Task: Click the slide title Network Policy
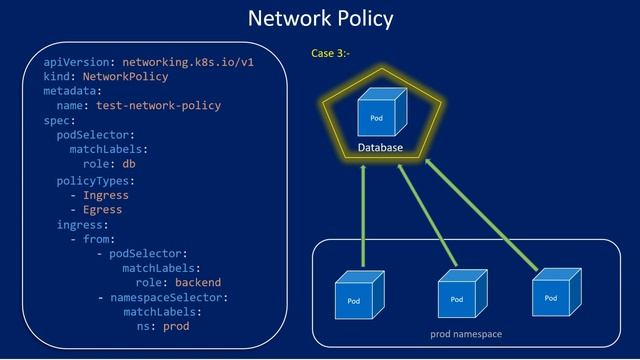[x=320, y=18]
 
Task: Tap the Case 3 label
[x=330, y=52]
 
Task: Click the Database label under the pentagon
[x=380, y=148]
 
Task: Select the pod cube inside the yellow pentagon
[x=379, y=112]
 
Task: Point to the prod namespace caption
[x=466, y=333]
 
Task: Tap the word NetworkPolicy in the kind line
[x=125, y=76]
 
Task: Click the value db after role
[x=129, y=164]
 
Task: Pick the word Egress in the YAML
[x=103, y=210]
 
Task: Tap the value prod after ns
[x=176, y=326]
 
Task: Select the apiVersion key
[x=77, y=61]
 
